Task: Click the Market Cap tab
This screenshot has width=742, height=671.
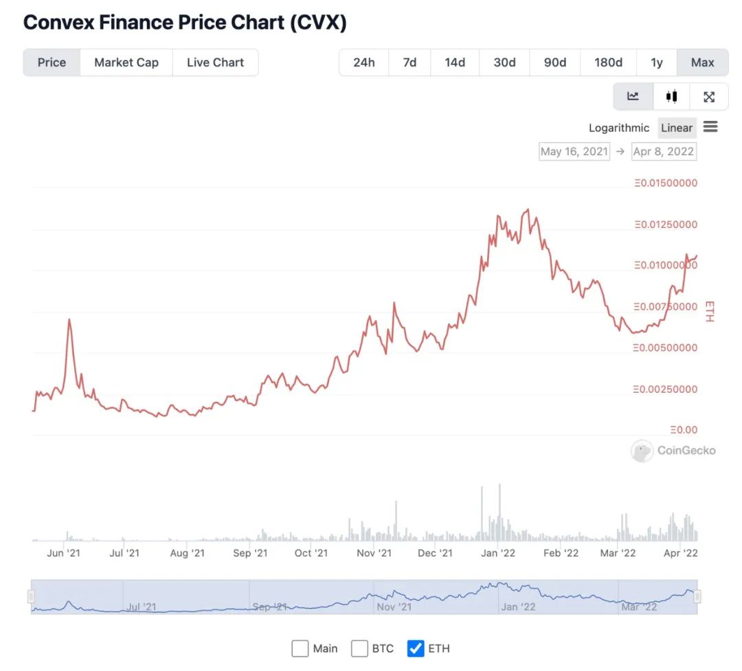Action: click(126, 62)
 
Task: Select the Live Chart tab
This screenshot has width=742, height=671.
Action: click(215, 62)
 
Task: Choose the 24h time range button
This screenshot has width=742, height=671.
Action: click(364, 62)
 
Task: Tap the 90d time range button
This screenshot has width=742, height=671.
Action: click(555, 62)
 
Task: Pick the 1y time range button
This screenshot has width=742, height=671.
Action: click(657, 62)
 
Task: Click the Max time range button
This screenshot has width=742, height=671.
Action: click(702, 62)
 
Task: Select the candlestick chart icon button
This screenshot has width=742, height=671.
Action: click(671, 97)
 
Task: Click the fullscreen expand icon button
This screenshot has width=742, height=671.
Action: click(709, 97)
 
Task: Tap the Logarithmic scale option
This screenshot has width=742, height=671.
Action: click(618, 128)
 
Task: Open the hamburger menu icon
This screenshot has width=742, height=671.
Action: click(710, 127)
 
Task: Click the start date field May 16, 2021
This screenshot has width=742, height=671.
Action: click(574, 151)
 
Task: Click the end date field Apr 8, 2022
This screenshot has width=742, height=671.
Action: click(664, 151)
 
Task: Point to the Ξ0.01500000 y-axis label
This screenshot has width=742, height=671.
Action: click(666, 183)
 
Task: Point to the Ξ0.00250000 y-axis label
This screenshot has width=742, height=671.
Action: click(666, 389)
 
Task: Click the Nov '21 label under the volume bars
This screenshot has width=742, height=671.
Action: click(374, 553)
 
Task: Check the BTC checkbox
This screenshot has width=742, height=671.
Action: click(359, 648)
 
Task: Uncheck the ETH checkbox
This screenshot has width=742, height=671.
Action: click(416, 648)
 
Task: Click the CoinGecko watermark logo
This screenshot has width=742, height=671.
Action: click(673, 451)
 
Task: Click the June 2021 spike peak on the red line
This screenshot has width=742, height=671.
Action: click(69, 319)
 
